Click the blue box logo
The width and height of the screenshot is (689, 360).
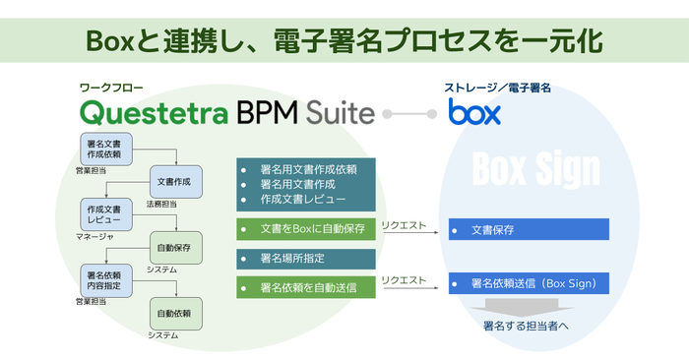tap(475, 111)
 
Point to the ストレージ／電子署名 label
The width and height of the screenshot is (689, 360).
tap(497, 88)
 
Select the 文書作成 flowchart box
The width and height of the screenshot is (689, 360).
tap(175, 181)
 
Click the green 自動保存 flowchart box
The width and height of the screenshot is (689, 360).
tap(175, 248)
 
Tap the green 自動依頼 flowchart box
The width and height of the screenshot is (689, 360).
tap(175, 314)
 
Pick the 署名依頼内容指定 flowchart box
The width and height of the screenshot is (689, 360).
tap(104, 279)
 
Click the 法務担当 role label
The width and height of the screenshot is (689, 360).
tap(162, 205)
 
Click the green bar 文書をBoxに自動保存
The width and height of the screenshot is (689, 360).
tap(306, 229)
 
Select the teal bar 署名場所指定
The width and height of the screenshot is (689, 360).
tap(306, 259)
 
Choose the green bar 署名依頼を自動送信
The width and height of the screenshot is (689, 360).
tap(306, 288)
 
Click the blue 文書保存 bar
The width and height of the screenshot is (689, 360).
tap(529, 230)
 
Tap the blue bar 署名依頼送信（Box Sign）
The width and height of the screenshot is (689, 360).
tap(529, 283)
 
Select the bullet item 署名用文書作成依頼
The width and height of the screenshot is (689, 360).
tap(309, 168)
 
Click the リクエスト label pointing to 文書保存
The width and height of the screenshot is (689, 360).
tap(405, 224)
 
